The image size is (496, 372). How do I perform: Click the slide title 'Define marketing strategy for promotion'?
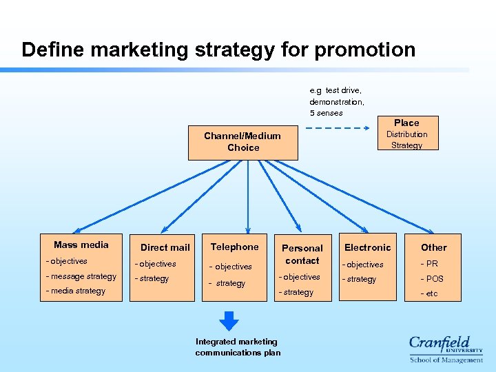[218, 50]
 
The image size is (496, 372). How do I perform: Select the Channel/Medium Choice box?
[243, 143]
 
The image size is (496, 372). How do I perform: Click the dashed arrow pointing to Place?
[338, 128]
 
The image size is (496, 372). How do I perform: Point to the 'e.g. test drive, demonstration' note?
[337, 101]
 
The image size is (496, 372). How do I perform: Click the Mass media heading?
[81, 245]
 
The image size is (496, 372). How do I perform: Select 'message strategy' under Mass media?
[81, 276]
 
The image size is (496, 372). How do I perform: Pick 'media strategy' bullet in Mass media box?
[76, 291]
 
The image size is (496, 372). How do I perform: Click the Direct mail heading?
[165, 247]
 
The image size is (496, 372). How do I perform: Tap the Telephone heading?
[235, 247]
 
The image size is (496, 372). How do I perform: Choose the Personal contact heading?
[302, 254]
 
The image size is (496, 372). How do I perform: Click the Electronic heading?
[367, 247]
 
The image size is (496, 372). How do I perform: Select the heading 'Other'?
[434, 247]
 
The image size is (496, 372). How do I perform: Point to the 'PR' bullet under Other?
[431, 264]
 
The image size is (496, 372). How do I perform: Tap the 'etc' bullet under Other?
[431, 294]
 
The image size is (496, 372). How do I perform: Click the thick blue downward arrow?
[229, 321]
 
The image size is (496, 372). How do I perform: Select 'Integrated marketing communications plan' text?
[238, 347]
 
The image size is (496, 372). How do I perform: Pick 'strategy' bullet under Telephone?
[229, 283]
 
